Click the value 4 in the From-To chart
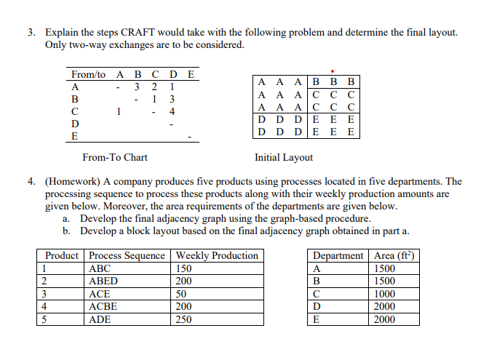click(x=171, y=112)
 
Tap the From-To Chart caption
click(x=115, y=157)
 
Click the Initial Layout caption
click(x=284, y=157)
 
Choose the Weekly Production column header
click(x=217, y=255)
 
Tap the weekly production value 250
click(x=186, y=319)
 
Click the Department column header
click(x=338, y=255)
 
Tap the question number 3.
click(x=31, y=33)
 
